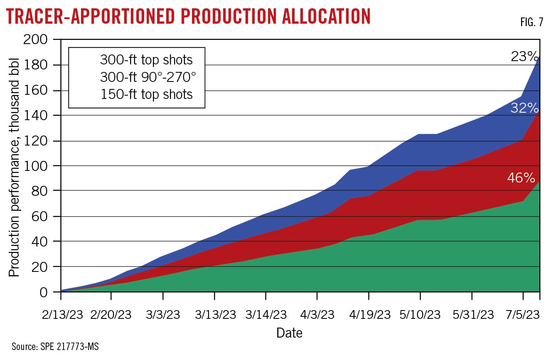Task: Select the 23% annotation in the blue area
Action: pyautogui.click(x=524, y=56)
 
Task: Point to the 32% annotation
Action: pyautogui.click(x=524, y=108)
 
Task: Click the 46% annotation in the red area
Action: pyautogui.click(x=521, y=178)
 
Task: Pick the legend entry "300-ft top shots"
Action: pyautogui.click(x=146, y=60)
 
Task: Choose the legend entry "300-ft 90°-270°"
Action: pyautogui.click(x=146, y=77)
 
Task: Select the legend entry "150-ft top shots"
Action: pyautogui.click(x=146, y=94)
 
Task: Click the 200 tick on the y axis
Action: pyautogui.click(x=41, y=40)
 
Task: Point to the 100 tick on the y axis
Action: pyautogui.click(x=41, y=166)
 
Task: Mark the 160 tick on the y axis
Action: pyautogui.click(x=41, y=91)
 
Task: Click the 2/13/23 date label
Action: pyautogui.click(x=61, y=315)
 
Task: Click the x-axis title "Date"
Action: pyautogui.click(x=290, y=333)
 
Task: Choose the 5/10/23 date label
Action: pyautogui.click(x=420, y=315)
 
